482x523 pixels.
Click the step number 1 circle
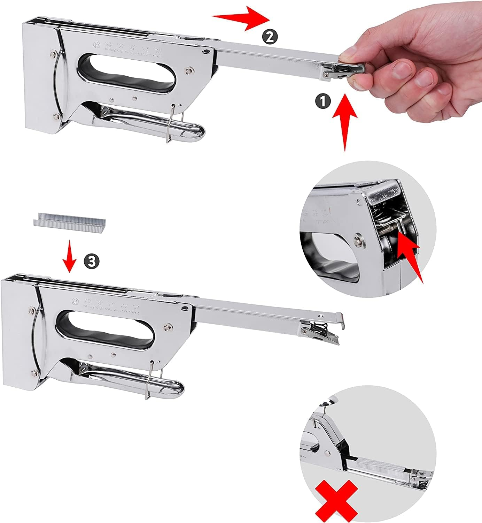point(322,101)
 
